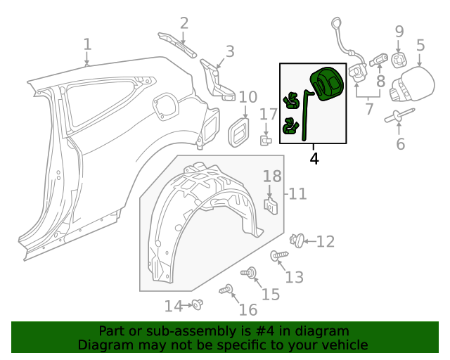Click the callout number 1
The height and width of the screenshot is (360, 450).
(87, 44)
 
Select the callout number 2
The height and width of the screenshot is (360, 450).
(184, 23)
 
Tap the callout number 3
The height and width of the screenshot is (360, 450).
(229, 51)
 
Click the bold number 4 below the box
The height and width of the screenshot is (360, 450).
(314, 159)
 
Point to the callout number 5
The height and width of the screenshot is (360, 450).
(420, 46)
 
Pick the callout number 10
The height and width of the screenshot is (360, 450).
(247, 97)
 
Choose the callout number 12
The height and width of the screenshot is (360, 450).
(325, 242)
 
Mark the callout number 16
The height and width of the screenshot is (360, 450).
(247, 310)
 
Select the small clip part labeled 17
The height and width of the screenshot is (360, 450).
(266, 140)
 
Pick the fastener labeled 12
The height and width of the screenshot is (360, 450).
(298, 240)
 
